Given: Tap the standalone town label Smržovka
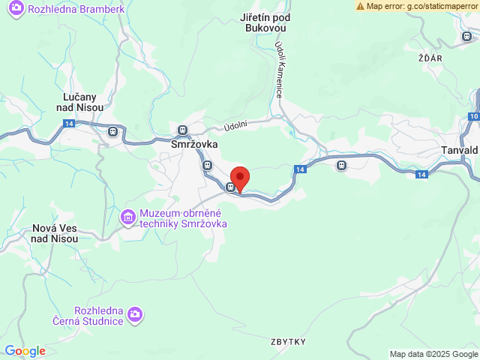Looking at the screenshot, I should coord(193,145).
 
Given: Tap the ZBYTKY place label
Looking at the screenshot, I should coord(289,342).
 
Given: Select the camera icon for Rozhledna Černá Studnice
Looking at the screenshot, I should coord(135,313).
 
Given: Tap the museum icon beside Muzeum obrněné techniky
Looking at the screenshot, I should coord(128,217).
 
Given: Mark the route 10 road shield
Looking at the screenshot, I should coord(473,116).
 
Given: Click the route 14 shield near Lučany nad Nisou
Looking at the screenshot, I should coord(69,122).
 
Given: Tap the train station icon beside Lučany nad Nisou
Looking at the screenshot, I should coord(112,132).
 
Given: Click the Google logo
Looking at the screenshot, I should coord(25,351).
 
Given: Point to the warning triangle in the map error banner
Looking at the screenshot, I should coord(361,6).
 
